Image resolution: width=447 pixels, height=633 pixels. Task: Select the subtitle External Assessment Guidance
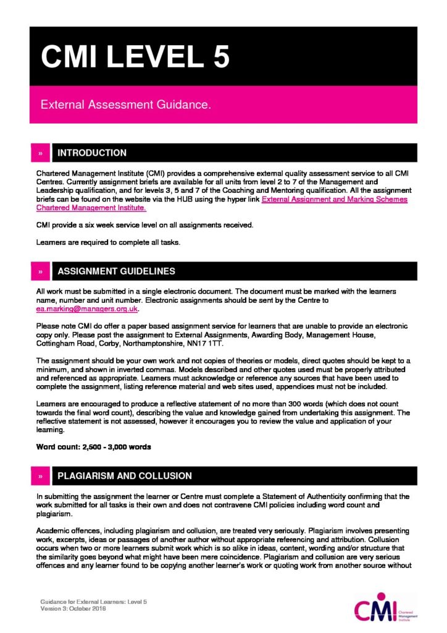tap(126, 105)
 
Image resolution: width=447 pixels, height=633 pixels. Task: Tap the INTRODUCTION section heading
tap(92, 153)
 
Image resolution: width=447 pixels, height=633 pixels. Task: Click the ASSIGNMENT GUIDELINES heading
tap(116, 271)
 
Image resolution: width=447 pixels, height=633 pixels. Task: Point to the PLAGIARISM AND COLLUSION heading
tap(124, 475)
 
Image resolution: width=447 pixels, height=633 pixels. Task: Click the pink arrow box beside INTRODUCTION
tap(40, 153)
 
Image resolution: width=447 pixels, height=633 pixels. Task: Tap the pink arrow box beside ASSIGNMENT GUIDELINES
tap(40, 271)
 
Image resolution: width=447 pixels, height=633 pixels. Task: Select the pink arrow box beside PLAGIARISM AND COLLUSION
tap(40, 475)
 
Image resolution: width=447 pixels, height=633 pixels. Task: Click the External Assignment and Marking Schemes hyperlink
tap(334, 199)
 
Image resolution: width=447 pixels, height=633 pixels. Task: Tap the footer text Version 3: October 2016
tap(73, 609)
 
